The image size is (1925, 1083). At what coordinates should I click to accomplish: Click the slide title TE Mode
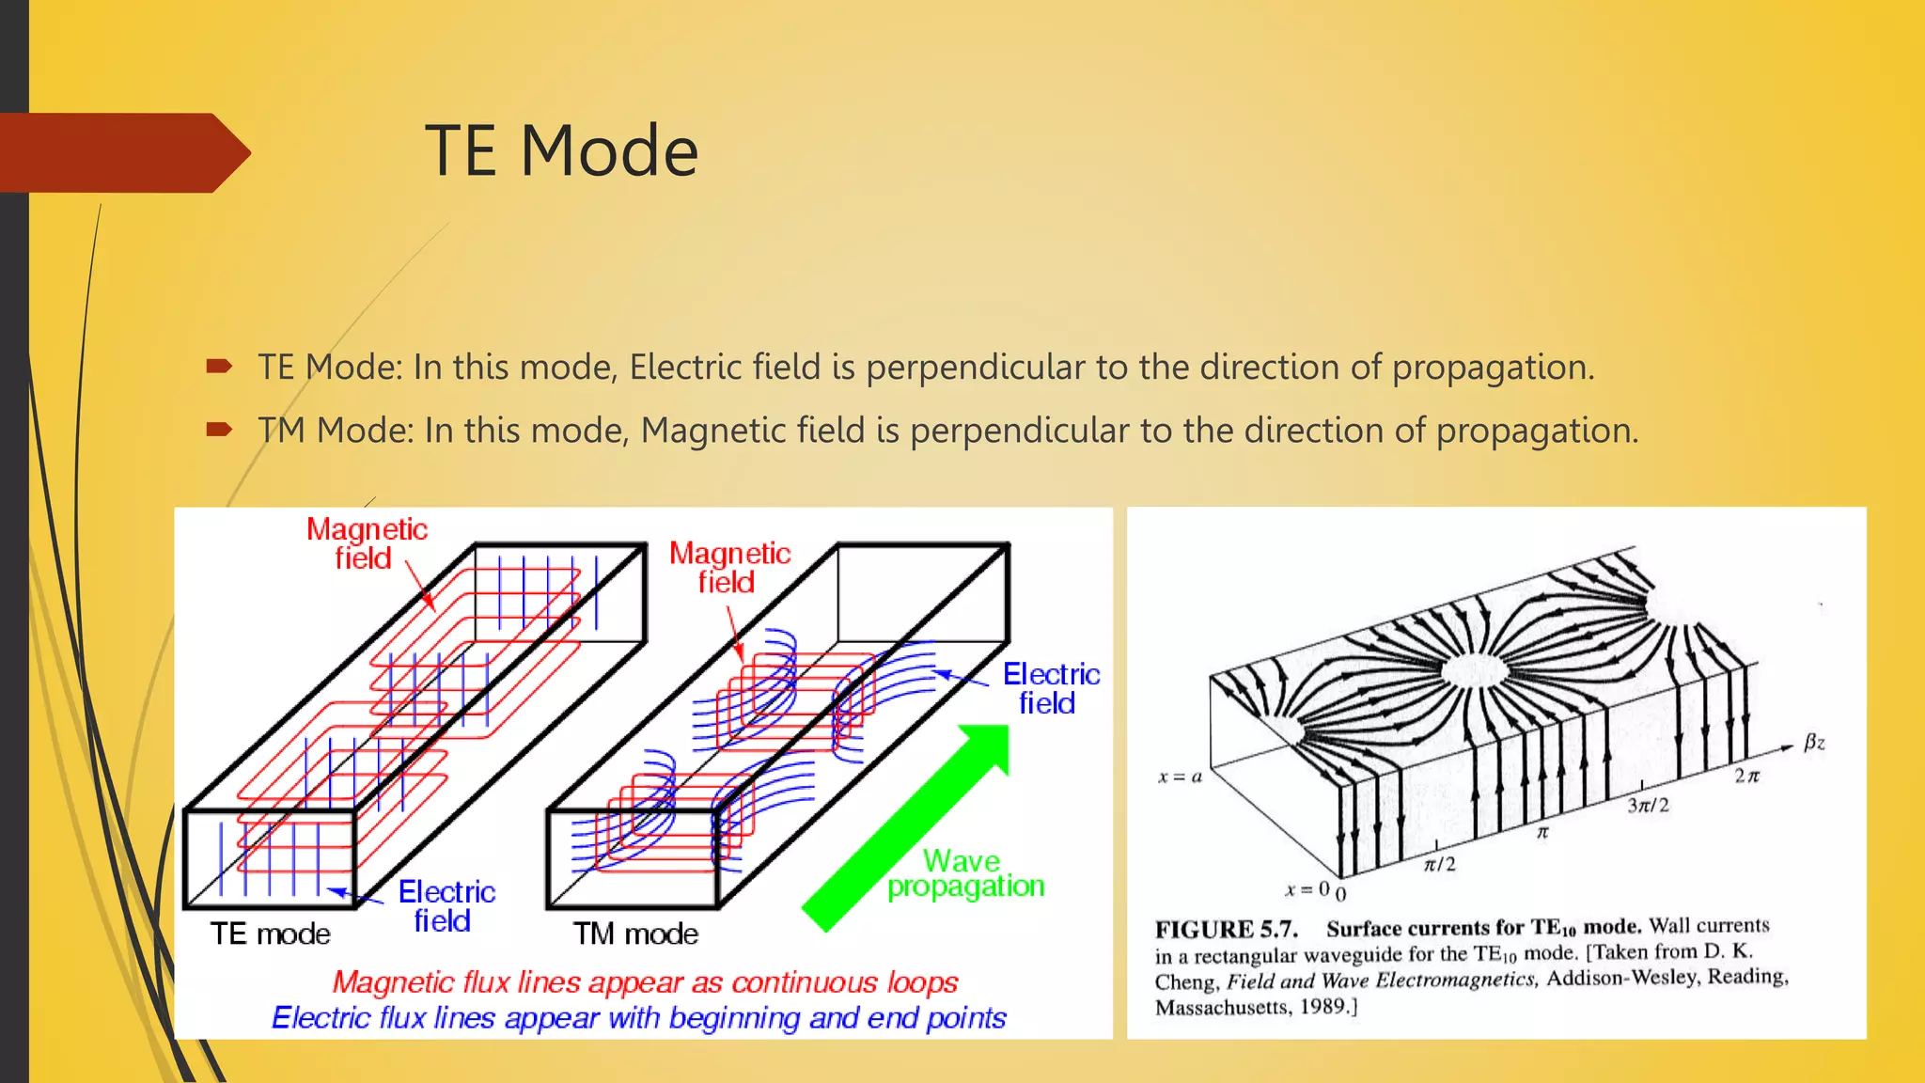point(561,151)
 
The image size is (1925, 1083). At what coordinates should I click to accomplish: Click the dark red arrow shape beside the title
point(122,153)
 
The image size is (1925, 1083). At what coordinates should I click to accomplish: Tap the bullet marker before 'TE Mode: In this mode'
point(219,367)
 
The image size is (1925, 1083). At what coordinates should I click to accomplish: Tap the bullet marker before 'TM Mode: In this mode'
point(219,430)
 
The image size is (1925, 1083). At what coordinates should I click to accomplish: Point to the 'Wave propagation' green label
point(965,873)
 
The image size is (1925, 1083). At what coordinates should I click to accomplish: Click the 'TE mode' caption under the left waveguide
point(270,934)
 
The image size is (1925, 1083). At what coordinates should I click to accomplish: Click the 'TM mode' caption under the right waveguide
point(635,934)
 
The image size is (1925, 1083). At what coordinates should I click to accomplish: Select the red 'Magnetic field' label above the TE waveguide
point(367,543)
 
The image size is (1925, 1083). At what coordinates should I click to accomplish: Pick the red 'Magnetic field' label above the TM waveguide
point(728,567)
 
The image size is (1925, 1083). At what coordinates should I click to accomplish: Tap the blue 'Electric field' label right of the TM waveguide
point(1050,688)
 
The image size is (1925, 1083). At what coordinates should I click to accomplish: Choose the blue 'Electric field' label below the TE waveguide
point(446,905)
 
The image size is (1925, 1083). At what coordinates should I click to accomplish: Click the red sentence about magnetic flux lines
point(645,981)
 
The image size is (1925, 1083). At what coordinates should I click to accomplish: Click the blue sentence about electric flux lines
point(638,1018)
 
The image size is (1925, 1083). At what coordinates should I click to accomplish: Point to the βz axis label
point(1814,743)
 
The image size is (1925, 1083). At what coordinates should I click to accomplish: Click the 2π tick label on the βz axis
point(1746,776)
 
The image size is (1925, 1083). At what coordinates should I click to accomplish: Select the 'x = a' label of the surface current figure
point(1180,777)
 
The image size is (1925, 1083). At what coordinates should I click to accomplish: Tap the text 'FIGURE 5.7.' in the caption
point(1226,930)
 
